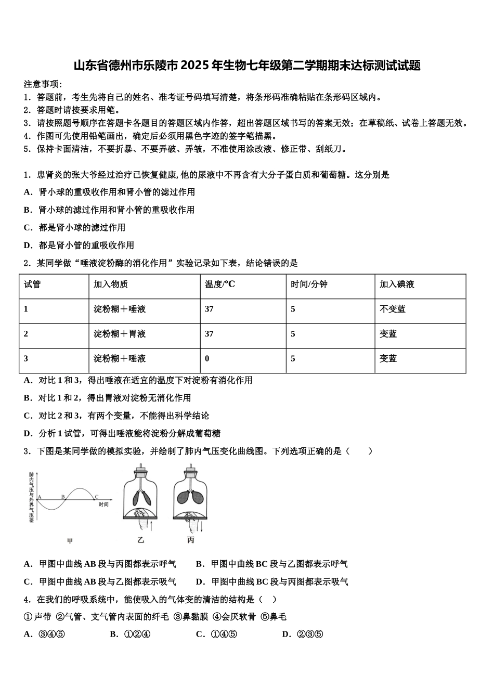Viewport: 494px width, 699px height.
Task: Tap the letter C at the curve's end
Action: (96, 497)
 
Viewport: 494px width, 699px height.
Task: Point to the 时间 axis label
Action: (103, 504)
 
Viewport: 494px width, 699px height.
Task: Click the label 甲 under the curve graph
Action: (70, 541)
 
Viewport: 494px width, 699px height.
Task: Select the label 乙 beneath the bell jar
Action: (140, 540)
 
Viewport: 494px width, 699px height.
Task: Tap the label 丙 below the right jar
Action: (190, 540)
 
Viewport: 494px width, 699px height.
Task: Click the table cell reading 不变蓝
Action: (393, 309)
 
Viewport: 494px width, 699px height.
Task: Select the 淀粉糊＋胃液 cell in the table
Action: (120, 334)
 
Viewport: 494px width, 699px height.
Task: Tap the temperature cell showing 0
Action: (207, 358)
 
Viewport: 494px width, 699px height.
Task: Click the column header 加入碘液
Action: (397, 284)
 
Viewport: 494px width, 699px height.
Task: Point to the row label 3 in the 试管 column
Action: (26, 358)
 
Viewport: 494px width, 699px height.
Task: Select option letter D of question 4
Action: (285, 634)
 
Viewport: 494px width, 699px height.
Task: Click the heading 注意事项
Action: (43, 84)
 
